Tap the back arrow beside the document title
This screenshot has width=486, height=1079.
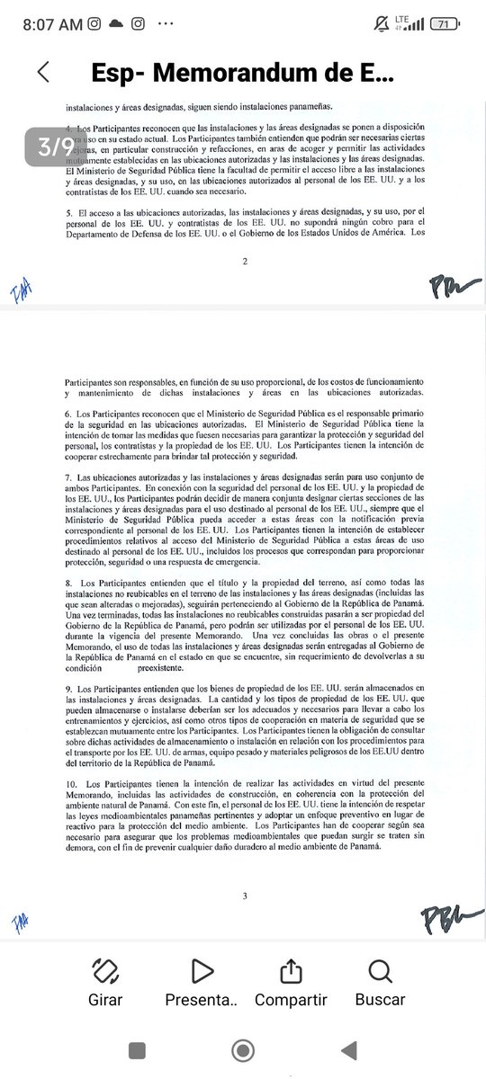[x=42, y=73]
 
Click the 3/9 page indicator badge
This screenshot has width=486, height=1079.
[x=56, y=147]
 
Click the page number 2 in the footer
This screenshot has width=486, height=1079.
[x=244, y=260]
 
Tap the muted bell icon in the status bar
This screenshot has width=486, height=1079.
[x=382, y=24]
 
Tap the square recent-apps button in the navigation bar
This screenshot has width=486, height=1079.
[x=138, y=1049]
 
